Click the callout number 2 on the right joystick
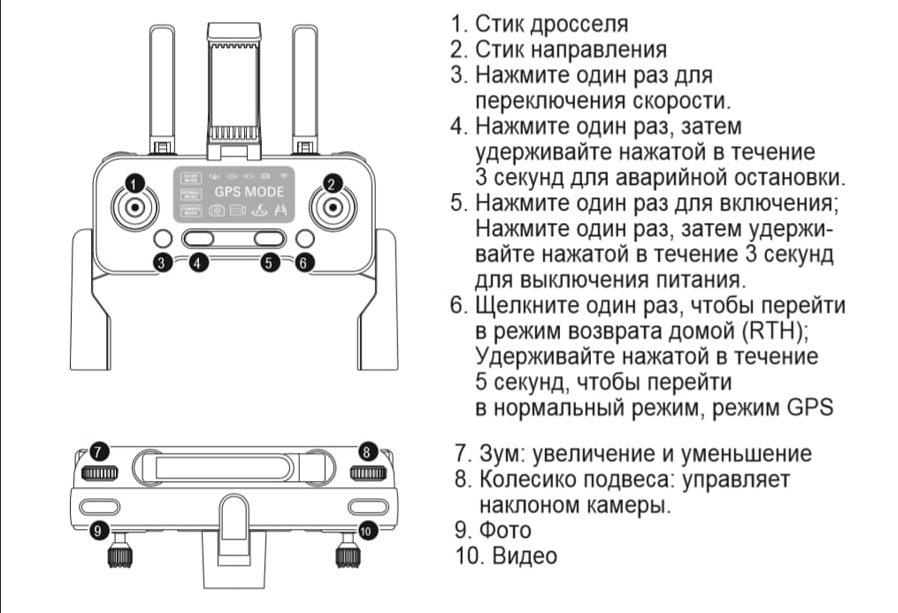(332, 184)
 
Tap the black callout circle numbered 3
(162, 263)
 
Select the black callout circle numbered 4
(199, 263)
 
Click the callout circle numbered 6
(304, 263)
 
